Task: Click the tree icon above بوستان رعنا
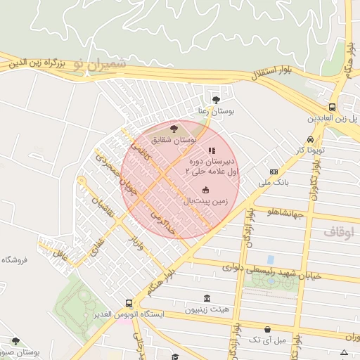tap(216, 100)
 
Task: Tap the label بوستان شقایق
tap(172, 141)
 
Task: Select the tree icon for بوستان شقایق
tap(174, 129)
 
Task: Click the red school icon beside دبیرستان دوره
tap(212, 150)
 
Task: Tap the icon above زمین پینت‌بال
tap(205, 189)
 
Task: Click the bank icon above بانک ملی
tap(274, 172)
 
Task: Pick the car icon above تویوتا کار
tap(310, 139)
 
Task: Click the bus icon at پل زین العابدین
tap(331, 108)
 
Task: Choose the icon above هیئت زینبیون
tap(207, 298)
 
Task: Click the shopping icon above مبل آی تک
tap(267, 328)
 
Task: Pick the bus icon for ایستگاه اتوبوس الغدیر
tap(129, 303)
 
